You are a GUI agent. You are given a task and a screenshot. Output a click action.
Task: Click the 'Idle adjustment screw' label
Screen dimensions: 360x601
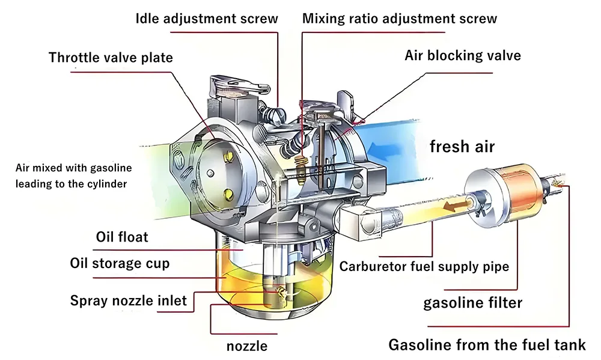pos(207,19)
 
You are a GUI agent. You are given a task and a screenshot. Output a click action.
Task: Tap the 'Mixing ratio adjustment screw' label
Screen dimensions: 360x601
pos(400,19)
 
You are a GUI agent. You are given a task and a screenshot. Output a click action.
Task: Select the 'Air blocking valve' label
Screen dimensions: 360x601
pos(463,56)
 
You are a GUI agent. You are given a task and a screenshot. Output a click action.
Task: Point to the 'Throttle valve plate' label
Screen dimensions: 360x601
pos(111,58)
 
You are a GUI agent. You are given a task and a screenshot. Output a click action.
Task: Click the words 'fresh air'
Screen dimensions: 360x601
pos(462,146)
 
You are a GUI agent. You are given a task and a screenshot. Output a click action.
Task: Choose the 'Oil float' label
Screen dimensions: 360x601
pos(122,237)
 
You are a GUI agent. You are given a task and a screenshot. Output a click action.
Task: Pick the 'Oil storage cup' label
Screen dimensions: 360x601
pos(120,263)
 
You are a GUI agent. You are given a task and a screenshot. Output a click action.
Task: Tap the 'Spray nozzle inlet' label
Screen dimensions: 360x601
pos(129,300)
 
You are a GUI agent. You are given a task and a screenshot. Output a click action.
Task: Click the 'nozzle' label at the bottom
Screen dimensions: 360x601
pos(247,346)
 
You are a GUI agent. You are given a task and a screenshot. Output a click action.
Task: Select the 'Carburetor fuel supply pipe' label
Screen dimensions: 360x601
pos(424,266)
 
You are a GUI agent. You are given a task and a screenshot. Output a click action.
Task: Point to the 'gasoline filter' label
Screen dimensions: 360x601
pos(473,302)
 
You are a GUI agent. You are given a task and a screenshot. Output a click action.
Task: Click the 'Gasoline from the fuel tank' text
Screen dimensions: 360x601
pos(487,345)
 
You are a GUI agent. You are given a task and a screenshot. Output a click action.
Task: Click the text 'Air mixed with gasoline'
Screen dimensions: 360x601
pos(74,168)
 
